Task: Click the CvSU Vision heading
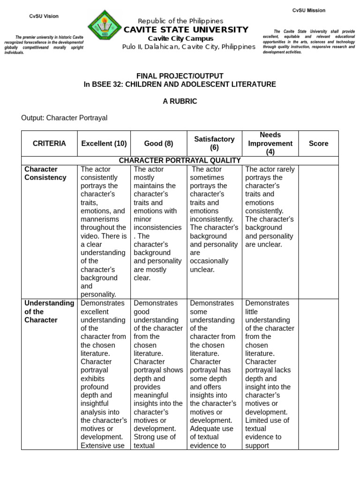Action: click(x=44, y=16)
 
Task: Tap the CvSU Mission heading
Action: click(x=308, y=10)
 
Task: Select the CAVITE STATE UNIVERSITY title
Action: click(x=186, y=30)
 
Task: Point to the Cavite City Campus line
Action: click(x=180, y=38)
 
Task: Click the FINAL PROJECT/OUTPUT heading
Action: click(x=180, y=75)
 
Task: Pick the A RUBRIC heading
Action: click(x=180, y=101)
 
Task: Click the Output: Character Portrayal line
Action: click(x=64, y=118)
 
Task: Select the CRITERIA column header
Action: click(x=49, y=143)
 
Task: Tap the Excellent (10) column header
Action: click(x=103, y=143)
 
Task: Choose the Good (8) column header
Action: click(x=159, y=143)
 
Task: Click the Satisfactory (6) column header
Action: click(x=214, y=143)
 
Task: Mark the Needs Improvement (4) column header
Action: click(x=270, y=143)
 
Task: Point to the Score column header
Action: click(x=318, y=143)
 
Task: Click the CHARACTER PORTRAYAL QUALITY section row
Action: click(x=180, y=160)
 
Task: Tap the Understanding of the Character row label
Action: click(x=49, y=311)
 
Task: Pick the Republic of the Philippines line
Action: click(x=180, y=21)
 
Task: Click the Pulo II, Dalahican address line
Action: click(x=189, y=47)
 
